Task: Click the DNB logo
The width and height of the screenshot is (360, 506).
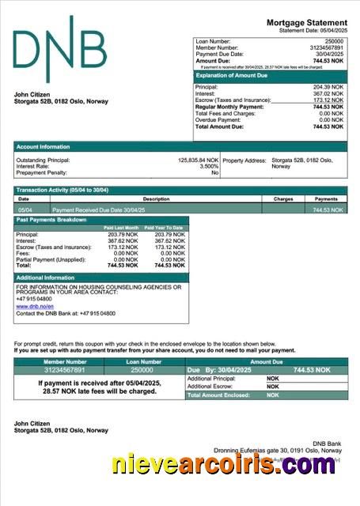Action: [59, 49]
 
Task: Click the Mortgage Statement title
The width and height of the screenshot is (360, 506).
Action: [306, 23]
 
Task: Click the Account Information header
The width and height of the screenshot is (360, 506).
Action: [44, 147]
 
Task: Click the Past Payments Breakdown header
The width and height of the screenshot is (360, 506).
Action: [51, 220]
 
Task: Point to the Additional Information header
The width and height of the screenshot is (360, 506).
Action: [45, 278]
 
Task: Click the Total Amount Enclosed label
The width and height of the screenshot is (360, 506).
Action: [218, 395]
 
